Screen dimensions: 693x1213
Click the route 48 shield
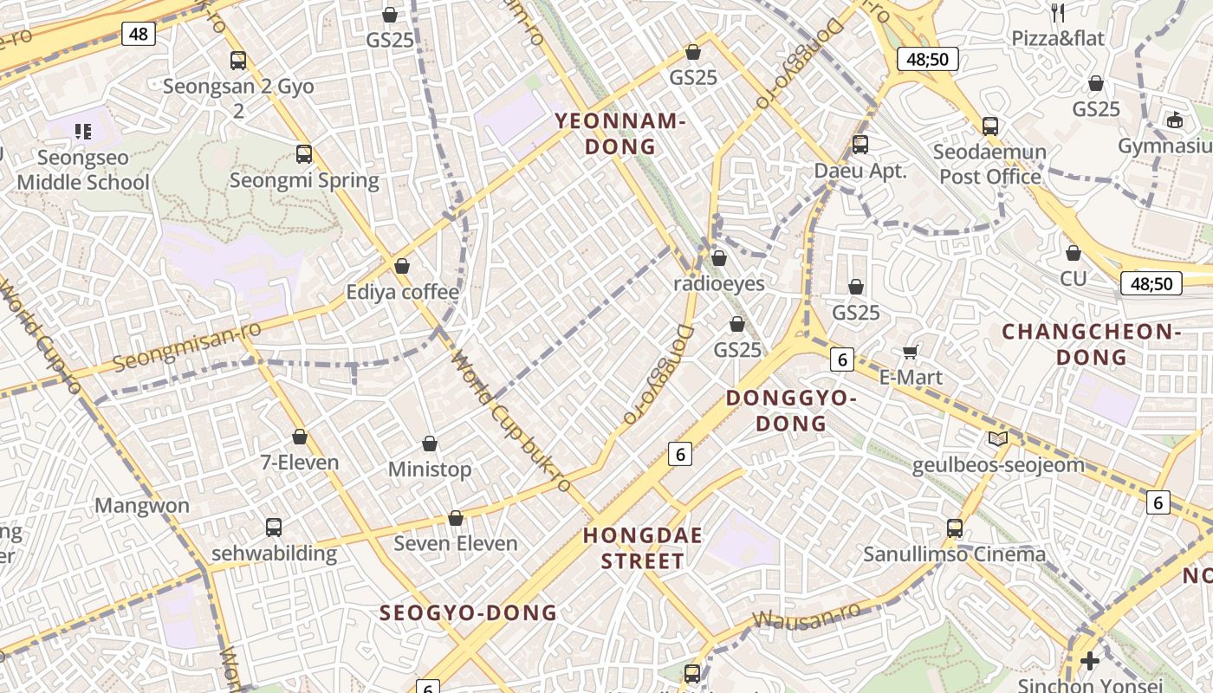[x=139, y=34]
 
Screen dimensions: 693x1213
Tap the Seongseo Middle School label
[x=83, y=170]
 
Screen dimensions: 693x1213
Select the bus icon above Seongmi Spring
[x=304, y=154]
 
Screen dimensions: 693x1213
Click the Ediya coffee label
[x=402, y=292]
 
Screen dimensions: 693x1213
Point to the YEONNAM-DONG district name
[x=620, y=133]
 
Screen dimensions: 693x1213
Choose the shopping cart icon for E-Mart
[x=911, y=351]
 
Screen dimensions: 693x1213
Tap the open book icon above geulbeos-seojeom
[x=998, y=439]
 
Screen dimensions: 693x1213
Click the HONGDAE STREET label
[x=643, y=547]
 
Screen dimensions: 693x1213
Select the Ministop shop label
[x=430, y=470]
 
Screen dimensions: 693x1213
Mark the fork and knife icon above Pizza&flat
[x=1057, y=12]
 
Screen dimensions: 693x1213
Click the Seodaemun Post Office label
[x=990, y=164]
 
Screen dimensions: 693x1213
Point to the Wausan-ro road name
[x=807, y=615]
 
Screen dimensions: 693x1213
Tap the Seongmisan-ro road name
[x=175, y=345]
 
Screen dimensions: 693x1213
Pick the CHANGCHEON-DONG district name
[x=1092, y=344]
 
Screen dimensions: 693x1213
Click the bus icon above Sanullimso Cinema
[x=955, y=528]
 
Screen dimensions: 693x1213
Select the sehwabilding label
[x=274, y=554]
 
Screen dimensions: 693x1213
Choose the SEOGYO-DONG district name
[x=468, y=612]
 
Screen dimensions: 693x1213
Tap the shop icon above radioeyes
[x=719, y=258]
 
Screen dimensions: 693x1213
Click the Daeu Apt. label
[x=860, y=171]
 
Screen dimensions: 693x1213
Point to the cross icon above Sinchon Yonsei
[x=1089, y=661]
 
